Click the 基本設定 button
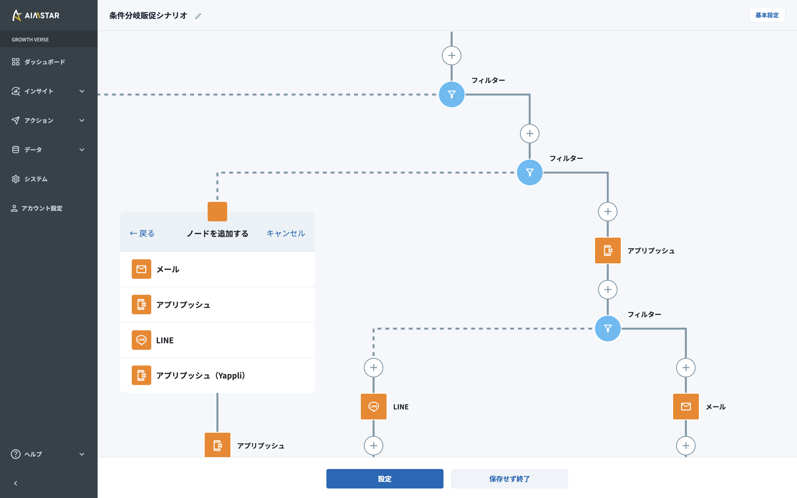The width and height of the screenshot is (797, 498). coord(767,15)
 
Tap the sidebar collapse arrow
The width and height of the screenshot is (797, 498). coord(15,483)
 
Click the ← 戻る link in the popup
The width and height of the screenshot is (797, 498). coord(142,234)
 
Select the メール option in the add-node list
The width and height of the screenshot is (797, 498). coord(217,269)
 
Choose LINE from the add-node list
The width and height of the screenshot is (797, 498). coord(217,340)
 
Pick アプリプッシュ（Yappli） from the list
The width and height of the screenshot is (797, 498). coord(217,375)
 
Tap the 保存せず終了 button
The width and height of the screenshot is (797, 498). coord(509,478)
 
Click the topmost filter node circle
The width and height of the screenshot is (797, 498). coord(451,95)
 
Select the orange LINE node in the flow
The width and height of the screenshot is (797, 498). coord(373,406)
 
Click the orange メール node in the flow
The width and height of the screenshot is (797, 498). coord(686,406)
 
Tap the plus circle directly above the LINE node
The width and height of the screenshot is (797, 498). coord(373,368)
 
